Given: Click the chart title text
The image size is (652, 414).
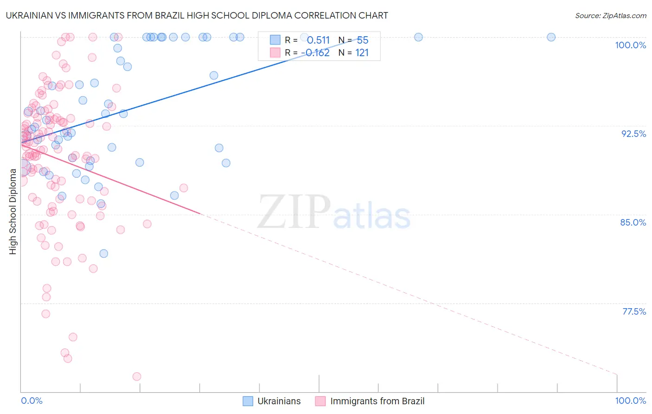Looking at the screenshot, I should [197, 15].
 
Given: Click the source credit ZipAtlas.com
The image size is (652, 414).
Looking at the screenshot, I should [610, 15].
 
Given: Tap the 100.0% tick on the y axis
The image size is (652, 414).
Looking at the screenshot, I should [630, 45].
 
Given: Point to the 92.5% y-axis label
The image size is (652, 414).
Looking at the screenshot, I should [633, 134].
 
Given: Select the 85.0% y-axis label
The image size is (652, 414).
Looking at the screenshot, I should [633, 222].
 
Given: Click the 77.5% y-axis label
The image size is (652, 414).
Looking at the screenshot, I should [634, 311].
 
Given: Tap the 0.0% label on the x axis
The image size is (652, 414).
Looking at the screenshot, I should [32, 401].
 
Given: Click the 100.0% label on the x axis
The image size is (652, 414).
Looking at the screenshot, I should [630, 401].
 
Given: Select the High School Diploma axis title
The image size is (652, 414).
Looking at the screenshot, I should [13, 211].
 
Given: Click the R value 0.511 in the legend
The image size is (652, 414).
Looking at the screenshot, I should [318, 40].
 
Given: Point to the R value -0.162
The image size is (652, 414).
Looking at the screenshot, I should [315, 53].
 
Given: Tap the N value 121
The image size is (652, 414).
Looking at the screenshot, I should [362, 53].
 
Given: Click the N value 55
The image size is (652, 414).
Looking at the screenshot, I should [362, 40].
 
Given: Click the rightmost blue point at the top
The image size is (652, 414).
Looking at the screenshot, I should [551, 37].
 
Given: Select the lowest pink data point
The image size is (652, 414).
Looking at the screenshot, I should [137, 376].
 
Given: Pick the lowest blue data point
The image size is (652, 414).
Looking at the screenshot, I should [104, 253].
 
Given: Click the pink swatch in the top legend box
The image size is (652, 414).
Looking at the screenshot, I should [275, 53].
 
